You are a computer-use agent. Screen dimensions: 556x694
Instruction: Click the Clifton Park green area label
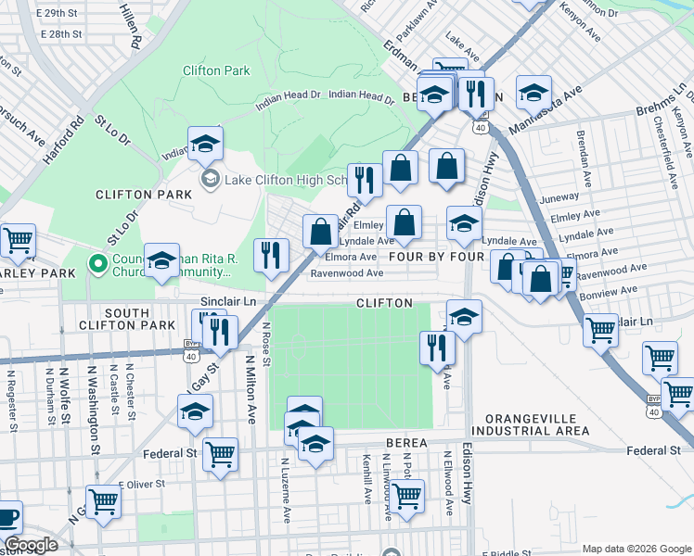pos(216,70)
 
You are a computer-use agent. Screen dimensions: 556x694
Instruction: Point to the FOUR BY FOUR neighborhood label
pos(436,257)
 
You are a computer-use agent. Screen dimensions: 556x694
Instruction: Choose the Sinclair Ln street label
pos(227,303)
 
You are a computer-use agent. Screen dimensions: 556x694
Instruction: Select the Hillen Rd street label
pos(130,25)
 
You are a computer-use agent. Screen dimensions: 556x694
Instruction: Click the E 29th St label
pos(61,14)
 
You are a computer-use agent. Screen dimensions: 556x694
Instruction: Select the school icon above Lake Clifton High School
pos(205,144)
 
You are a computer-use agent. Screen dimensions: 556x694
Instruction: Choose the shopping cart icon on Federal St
pos(220,454)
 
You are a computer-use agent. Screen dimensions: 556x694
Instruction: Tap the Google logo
pos(31,545)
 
